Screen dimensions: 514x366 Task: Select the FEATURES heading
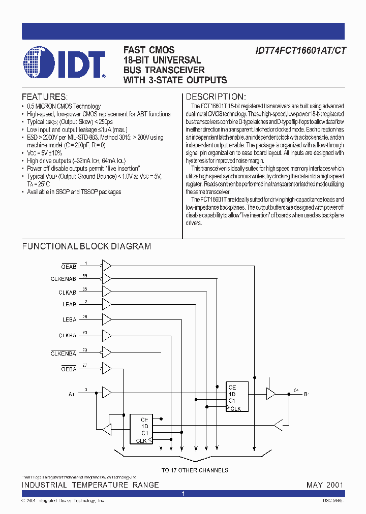pos(44,97)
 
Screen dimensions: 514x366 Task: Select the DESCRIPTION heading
pos(216,97)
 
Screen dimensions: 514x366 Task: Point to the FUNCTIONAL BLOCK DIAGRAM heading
pos(86,246)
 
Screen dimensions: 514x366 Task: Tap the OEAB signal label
pos(69,266)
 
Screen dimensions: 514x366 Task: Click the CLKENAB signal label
pos(64,279)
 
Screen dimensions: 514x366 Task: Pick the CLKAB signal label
pos(68,292)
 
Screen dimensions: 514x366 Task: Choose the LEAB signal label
pos(70,305)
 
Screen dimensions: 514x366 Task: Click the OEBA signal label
pos(69,369)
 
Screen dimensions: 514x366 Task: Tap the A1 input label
pos(71,394)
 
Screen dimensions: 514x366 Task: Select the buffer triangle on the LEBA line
pos(107,319)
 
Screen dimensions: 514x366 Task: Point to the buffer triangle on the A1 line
pos(107,393)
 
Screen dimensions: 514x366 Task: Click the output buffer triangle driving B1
pos(271,393)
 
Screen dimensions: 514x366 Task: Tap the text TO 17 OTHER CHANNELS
pos(195,470)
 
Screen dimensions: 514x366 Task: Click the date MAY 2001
pos(325,485)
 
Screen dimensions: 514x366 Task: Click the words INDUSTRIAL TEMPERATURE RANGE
pos(90,485)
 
